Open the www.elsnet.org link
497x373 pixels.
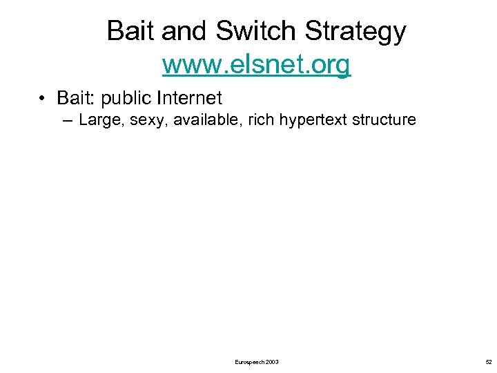tap(256, 65)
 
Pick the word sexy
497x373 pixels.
tap(146, 121)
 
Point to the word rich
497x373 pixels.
tap(255, 119)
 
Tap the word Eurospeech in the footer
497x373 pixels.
tap(248, 362)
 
